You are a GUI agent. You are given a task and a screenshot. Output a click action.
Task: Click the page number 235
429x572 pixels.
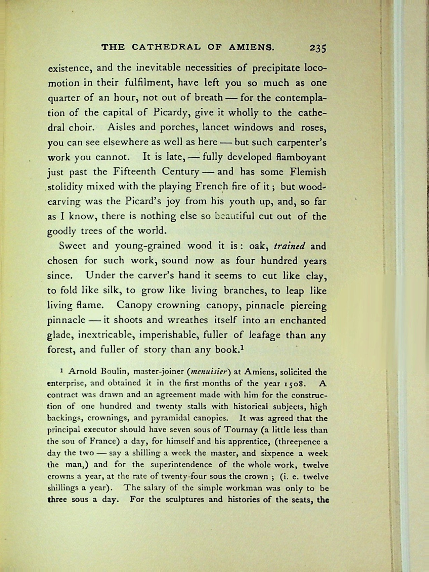click(317, 48)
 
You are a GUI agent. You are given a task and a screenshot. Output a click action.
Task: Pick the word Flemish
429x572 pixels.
click(308, 172)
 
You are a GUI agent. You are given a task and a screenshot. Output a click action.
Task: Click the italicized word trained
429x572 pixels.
click(289, 246)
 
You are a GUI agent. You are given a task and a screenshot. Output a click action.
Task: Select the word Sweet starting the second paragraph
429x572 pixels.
click(73, 246)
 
